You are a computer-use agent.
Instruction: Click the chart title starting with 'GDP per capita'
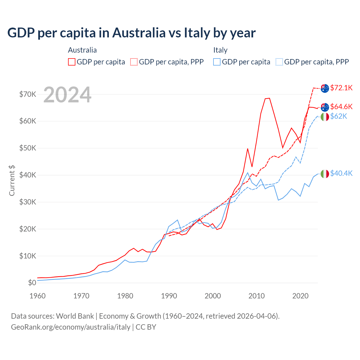(x=131, y=33)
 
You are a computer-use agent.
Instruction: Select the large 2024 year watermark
(x=67, y=95)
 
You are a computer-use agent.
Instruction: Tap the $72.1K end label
(x=341, y=88)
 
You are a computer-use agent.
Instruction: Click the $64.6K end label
(x=341, y=107)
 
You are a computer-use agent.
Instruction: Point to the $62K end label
(x=339, y=116)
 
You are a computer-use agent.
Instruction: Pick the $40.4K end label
(x=341, y=173)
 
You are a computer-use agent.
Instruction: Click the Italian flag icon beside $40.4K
(x=325, y=174)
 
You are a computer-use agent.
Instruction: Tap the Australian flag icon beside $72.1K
(x=325, y=88)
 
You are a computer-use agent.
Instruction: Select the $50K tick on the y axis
(x=28, y=148)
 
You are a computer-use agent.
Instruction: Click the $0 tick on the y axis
(x=32, y=283)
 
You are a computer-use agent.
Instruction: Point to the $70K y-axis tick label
(x=28, y=94)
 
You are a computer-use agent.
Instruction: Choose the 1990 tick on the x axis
(x=169, y=296)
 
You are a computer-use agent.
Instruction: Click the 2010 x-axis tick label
(x=256, y=296)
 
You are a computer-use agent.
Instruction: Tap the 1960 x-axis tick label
(x=37, y=296)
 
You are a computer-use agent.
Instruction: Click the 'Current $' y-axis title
(x=12, y=181)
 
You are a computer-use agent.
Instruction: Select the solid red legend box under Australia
(x=72, y=62)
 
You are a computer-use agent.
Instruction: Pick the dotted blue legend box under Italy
(x=279, y=62)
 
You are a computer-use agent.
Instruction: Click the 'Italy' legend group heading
(x=220, y=50)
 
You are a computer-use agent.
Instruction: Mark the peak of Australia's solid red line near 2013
(x=269, y=98)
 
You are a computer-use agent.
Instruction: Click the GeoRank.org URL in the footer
(x=71, y=327)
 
